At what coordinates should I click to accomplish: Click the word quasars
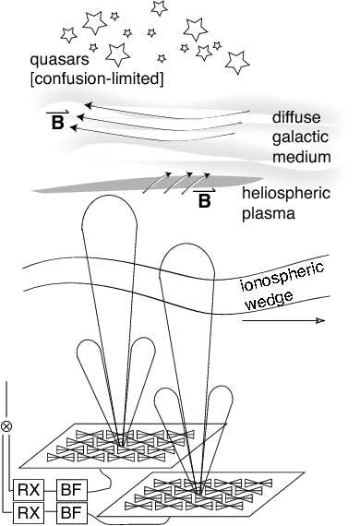[58, 63]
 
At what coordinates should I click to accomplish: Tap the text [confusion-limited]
[84, 79]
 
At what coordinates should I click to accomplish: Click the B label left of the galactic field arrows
[57, 121]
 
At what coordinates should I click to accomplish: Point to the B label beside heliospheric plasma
[203, 199]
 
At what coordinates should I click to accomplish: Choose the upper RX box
[30, 488]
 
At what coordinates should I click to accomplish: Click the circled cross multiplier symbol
[7, 426]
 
